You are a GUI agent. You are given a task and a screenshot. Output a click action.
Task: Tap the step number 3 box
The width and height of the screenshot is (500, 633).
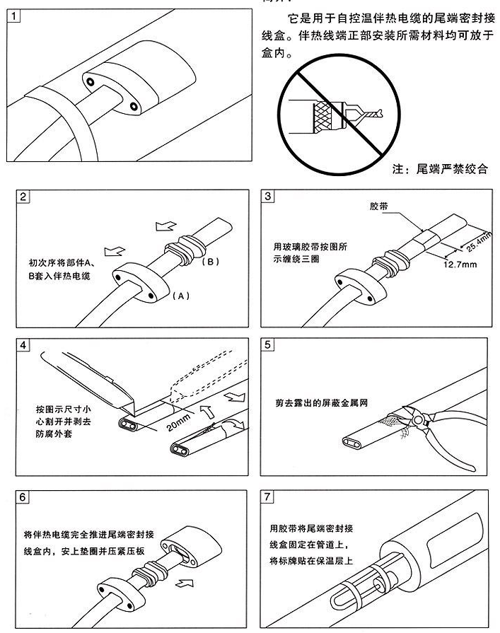[x=267, y=197]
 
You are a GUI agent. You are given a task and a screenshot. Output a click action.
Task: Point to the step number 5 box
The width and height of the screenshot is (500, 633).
[x=267, y=345]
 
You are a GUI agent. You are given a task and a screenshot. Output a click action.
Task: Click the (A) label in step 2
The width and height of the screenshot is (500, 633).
[x=180, y=296]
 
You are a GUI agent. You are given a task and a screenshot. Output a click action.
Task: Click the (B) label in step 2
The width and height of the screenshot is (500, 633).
[x=211, y=261]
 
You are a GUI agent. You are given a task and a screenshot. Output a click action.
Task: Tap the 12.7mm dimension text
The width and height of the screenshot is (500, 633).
[x=458, y=265]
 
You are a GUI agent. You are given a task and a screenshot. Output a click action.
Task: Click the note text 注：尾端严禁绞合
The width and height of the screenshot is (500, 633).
[x=438, y=170]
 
